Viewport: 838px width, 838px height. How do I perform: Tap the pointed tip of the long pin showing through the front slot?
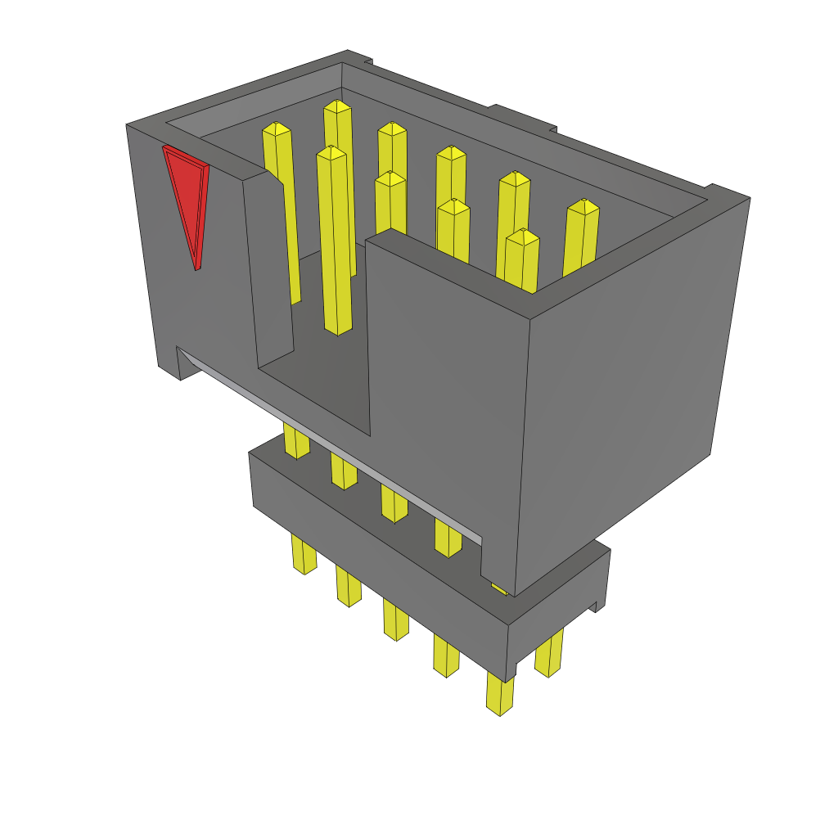[331, 151]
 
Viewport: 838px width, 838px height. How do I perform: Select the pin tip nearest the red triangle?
[277, 128]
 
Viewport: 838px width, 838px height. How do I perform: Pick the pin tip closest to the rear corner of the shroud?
[337, 106]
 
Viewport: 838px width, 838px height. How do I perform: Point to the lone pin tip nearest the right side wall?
[583, 205]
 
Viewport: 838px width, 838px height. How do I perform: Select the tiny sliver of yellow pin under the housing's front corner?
[498, 588]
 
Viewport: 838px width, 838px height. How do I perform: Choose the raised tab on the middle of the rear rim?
[524, 119]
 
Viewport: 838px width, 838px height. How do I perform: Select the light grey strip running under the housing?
[327, 442]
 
